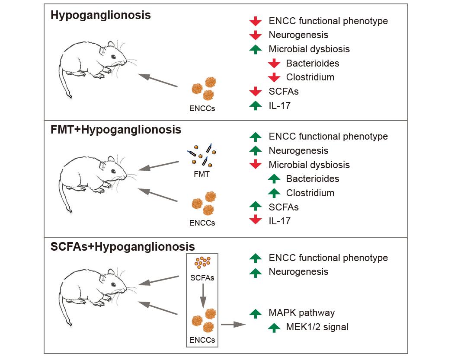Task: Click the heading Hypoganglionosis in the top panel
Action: point(100,16)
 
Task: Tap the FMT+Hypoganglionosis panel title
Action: point(115,130)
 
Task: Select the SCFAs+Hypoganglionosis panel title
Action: point(122,247)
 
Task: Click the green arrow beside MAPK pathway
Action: point(256,313)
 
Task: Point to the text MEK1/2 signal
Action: point(317,327)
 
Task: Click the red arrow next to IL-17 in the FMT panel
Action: point(256,221)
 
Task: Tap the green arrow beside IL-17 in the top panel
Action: point(256,105)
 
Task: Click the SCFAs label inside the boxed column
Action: point(202,277)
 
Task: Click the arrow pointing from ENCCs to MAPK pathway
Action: point(232,324)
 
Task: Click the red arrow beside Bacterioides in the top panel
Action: point(274,64)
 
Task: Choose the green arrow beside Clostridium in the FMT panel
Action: point(274,193)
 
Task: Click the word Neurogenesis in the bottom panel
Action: point(298,272)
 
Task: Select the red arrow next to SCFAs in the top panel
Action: point(256,91)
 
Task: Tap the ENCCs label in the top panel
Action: point(202,108)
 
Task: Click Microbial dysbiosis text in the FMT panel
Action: point(309,165)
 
